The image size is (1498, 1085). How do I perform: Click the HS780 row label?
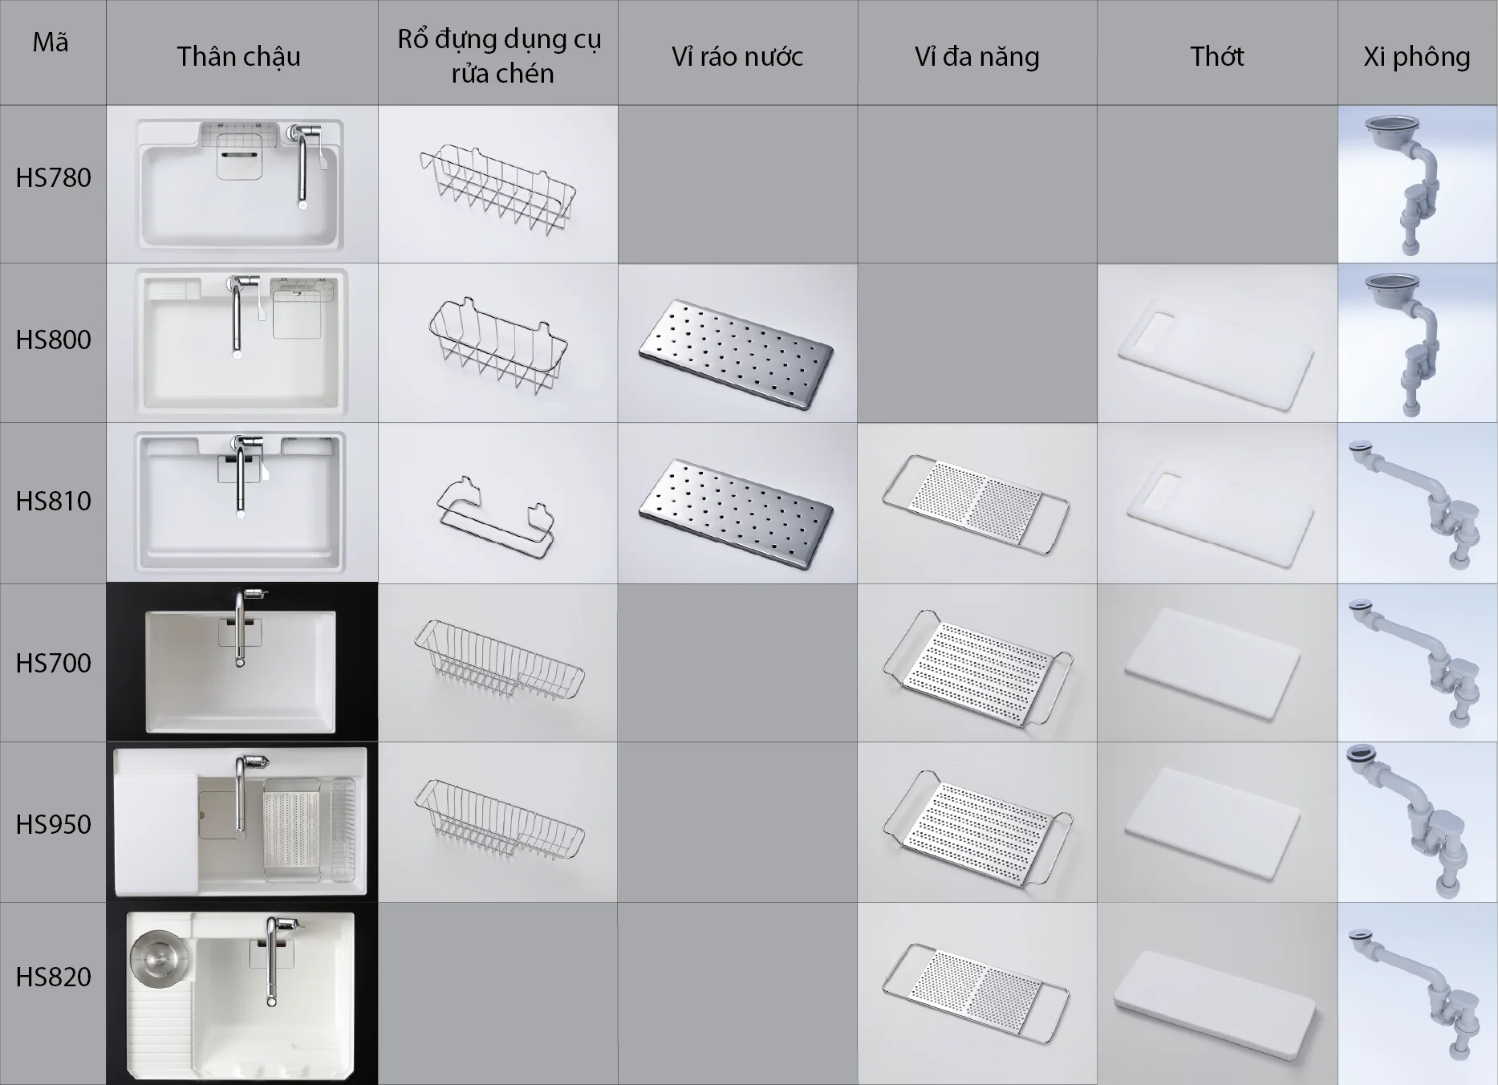point(53,178)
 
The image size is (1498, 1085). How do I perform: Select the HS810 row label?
point(53,502)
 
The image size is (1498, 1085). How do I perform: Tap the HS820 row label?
point(53,977)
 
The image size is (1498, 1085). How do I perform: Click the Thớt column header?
point(1216,56)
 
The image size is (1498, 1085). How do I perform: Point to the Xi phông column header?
point(1416,56)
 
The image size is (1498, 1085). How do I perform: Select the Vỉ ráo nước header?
point(737,56)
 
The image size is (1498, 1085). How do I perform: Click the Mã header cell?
point(51,43)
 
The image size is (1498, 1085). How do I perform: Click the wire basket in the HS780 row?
point(497,189)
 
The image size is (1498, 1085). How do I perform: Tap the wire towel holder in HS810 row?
point(496,514)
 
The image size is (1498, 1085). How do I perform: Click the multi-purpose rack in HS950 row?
point(976,827)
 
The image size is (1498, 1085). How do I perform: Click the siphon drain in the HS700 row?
point(1417,662)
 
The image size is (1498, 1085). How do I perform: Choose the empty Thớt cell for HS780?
point(1216,184)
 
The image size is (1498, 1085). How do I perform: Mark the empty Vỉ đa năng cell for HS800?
point(976,343)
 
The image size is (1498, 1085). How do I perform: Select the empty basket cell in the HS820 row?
point(497,994)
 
